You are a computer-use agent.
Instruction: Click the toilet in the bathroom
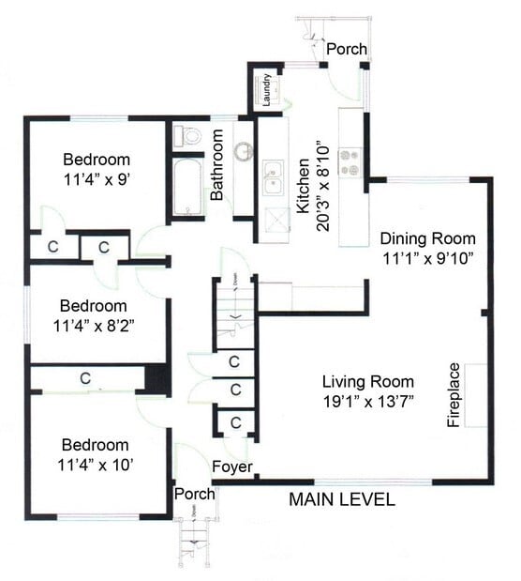pos(188,136)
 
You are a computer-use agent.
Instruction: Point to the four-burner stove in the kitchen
pos(352,162)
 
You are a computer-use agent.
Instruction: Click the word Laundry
pos(266,92)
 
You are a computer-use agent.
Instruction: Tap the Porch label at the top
pos(346,49)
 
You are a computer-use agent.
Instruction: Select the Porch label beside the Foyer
pos(194,494)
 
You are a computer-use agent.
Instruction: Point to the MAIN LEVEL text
pos(341,499)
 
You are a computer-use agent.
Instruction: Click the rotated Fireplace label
pos(454,395)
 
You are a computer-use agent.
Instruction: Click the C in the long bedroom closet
pos(84,379)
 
